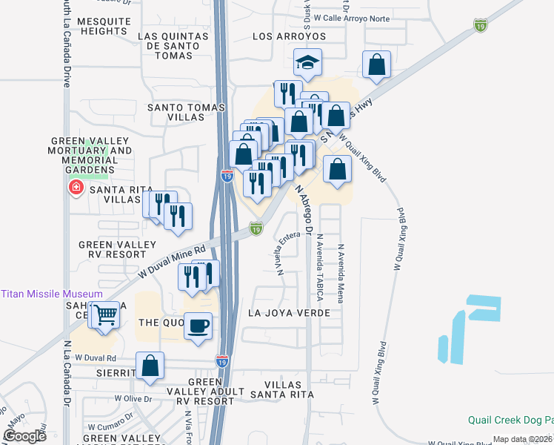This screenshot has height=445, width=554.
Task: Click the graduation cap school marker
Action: click(307, 62)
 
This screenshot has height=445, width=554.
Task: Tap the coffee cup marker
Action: click(198, 326)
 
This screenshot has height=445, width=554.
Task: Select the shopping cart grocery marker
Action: click(105, 314)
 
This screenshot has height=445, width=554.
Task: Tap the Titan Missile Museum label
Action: click(52, 294)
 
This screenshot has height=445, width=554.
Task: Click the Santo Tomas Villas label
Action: click(186, 113)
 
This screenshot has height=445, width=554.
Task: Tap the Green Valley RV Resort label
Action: click(118, 250)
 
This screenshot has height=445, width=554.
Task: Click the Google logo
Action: click(25, 436)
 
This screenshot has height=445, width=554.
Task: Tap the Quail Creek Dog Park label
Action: click(510, 419)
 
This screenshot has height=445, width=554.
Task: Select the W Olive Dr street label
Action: click(133, 399)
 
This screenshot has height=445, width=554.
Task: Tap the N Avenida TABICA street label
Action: click(320, 267)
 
